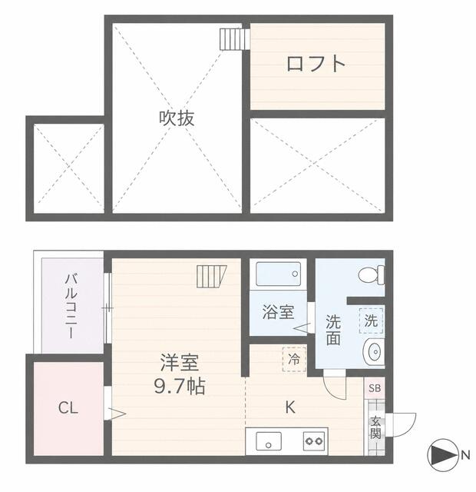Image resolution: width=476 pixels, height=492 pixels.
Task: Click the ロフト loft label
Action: coord(316,63)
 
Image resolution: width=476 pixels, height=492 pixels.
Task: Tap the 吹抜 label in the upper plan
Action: coord(177,118)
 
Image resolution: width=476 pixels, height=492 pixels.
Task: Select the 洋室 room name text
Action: coord(180,363)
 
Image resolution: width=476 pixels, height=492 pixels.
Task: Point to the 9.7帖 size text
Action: coord(180,386)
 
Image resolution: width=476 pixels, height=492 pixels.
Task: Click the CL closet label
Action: coord(68,408)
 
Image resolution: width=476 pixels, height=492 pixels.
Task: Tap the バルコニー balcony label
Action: coord(71,306)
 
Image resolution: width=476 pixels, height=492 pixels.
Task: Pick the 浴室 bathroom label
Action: coord(278,312)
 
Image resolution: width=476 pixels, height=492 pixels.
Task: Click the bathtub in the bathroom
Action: coord(278,274)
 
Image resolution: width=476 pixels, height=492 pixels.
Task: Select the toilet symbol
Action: coord(372,275)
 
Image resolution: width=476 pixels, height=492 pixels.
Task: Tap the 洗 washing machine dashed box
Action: coord(372,321)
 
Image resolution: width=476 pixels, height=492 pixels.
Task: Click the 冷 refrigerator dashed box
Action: coord(294,359)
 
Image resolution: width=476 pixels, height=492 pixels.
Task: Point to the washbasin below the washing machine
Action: coord(374,352)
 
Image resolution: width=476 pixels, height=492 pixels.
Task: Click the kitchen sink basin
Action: coord(269,441)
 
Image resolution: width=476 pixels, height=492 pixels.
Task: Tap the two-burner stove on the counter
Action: coord(314,441)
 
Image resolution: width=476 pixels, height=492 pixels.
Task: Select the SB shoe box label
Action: coord(375,388)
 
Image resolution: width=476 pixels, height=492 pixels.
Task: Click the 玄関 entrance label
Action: coord(375,427)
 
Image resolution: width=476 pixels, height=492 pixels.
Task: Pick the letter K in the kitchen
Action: coord(290,407)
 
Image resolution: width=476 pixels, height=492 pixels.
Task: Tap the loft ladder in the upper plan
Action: coord(234,39)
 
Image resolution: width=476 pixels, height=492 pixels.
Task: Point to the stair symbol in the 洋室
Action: coord(212,277)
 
